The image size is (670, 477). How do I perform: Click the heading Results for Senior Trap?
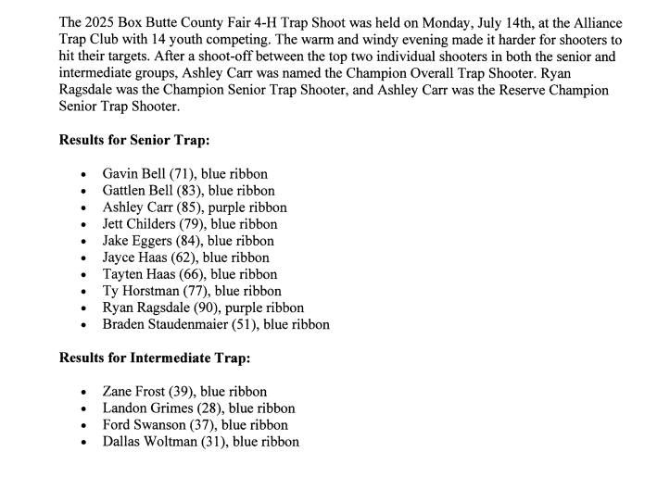pyautogui.click(x=133, y=140)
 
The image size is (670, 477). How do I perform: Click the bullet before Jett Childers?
pyautogui.click(x=84, y=225)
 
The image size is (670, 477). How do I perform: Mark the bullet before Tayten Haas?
pyautogui.click(x=84, y=275)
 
